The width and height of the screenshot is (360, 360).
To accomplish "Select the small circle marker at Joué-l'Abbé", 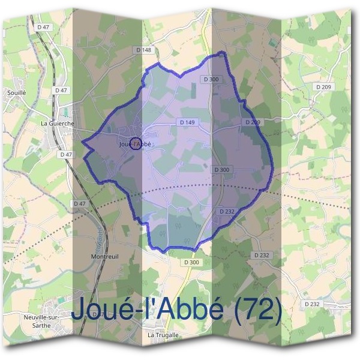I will coord(136,144).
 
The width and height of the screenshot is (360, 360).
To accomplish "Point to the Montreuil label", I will coord(103,256).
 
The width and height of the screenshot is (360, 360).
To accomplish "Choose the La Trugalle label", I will coord(161,334).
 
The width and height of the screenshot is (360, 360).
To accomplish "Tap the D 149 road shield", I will coord(187,122).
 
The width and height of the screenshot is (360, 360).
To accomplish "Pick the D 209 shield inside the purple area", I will coord(252,122).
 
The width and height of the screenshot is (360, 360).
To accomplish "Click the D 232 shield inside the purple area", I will coord(227,211).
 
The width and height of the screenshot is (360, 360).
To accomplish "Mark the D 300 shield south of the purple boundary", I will coord(191,262).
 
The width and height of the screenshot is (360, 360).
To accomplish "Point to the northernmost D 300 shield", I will coord(211,79).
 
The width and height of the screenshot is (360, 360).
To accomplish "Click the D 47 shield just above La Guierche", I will coord(61,89).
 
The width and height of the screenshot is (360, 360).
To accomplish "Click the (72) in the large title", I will coord(257,309).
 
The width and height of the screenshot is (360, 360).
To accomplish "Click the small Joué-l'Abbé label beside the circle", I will coord(135,144).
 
